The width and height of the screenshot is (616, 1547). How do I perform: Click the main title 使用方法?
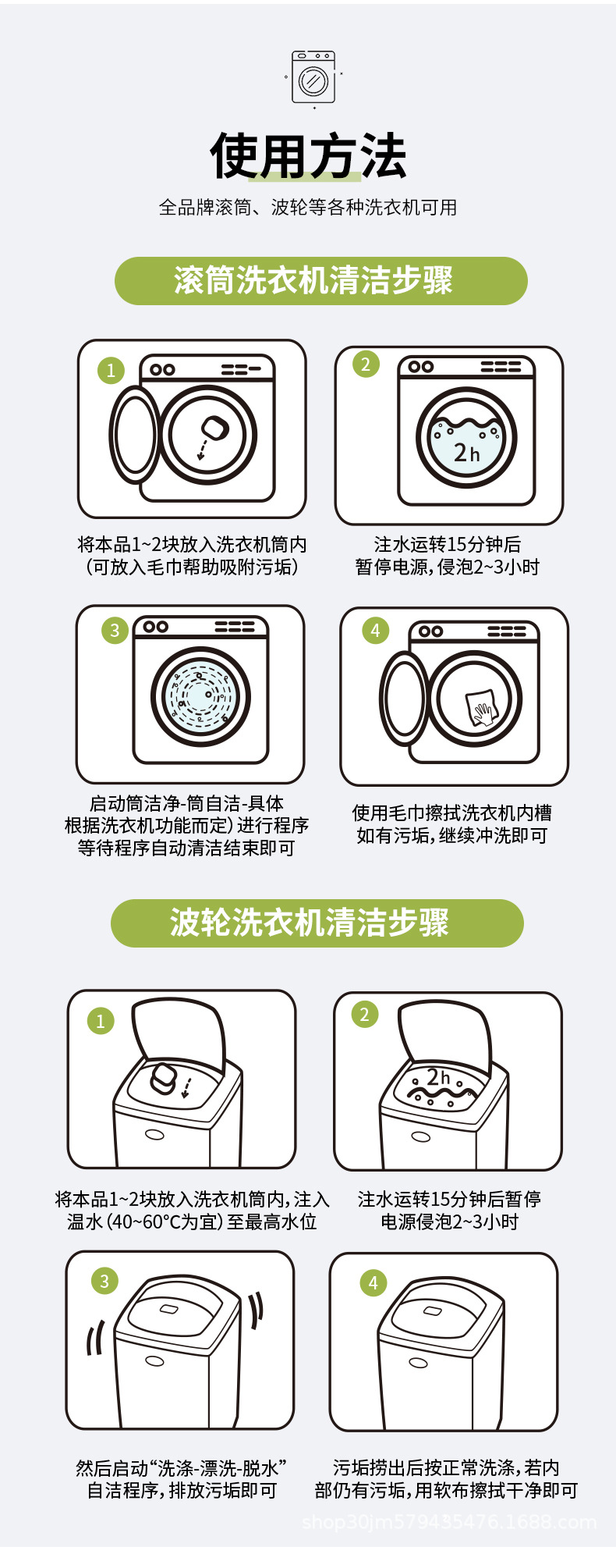(308, 156)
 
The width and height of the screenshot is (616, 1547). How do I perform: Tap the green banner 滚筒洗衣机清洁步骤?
(320, 281)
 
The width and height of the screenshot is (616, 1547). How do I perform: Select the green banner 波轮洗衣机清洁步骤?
(317, 923)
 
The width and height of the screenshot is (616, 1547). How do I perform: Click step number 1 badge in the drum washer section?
(111, 370)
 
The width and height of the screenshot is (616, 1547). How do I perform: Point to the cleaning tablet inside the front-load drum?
(212, 428)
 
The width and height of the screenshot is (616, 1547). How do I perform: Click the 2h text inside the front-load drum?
(466, 452)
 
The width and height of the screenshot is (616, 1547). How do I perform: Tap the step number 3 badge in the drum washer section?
(115, 630)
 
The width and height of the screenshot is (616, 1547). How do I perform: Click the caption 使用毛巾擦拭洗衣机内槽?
(451, 813)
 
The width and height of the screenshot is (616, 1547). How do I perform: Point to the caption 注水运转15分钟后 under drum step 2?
(448, 544)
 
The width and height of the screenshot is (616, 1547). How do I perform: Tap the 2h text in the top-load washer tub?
(438, 1077)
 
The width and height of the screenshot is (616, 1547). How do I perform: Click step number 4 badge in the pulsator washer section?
(373, 1282)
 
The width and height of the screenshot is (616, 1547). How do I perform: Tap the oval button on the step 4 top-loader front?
(418, 1363)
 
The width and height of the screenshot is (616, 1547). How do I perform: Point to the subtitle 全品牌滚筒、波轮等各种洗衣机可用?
(308, 208)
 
